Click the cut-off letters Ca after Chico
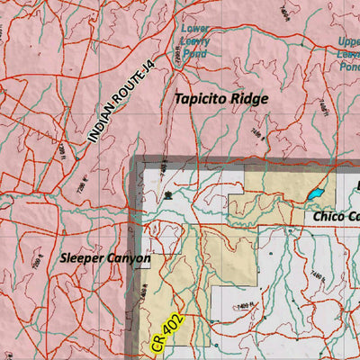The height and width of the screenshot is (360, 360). click(354, 217)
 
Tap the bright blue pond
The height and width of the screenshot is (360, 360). click(315, 193)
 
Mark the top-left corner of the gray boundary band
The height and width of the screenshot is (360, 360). click(136, 159)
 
